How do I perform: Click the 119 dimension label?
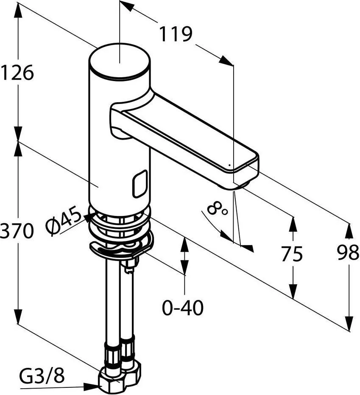point(176,34)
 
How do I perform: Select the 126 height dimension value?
point(17,73)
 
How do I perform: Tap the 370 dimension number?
point(17,230)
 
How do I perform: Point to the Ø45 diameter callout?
point(64,221)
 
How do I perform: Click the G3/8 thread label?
point(42,375)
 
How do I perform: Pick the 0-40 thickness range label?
point(182,307)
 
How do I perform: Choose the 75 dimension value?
point(292,254)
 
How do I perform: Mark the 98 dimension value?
point(348,252)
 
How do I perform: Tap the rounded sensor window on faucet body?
point(140,183)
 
